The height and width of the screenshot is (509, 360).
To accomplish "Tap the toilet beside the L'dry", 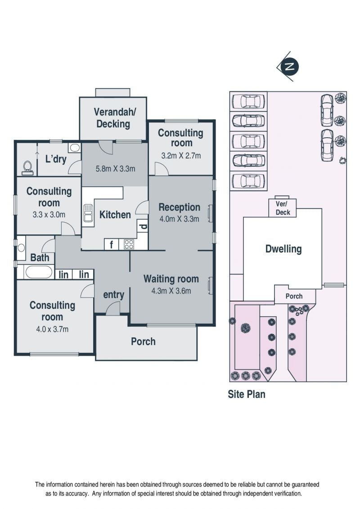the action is click(27, 167).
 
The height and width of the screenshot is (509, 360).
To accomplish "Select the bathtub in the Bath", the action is click(39, 272).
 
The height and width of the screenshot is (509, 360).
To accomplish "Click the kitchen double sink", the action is click(88, 213).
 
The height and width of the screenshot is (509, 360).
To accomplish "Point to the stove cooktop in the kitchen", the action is click(129, 244).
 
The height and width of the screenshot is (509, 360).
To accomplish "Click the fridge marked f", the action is click(111, 244).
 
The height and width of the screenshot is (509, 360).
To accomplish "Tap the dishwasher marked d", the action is click(143, 226).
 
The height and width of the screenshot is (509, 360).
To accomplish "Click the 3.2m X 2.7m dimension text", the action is click(181, 156).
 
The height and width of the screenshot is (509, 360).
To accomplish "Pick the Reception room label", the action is click(179, 207).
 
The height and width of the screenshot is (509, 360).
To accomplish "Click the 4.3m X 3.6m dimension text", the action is click(171, 291).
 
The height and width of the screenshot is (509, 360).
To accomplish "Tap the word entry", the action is click(113, 295).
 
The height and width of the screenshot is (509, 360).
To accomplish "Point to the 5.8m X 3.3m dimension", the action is click(115, 169).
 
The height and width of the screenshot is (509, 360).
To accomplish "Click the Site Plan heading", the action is click(247, 394).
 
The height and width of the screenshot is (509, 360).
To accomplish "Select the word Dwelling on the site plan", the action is click(283, 249).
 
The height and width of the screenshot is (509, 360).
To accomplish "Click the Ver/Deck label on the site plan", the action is click(283, 208).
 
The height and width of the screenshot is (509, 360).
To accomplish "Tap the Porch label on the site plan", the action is click(294, 296).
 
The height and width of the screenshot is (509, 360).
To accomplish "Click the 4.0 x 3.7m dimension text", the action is click(52, 329).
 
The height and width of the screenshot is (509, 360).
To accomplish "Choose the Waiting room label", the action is click(171, 279).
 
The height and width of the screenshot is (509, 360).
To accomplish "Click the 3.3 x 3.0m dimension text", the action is click(49, 215).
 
